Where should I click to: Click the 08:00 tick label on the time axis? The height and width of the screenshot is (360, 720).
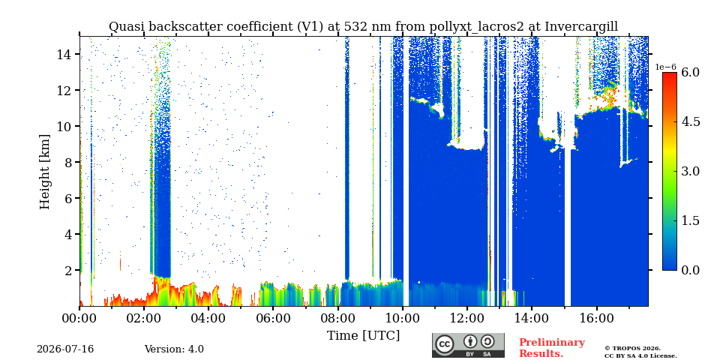337,318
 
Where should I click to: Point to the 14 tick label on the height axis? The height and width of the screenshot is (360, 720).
64,54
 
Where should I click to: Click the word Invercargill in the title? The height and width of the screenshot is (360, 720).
581,27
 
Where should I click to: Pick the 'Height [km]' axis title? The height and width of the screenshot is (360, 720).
44,172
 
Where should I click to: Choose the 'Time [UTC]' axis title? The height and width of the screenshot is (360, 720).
363,336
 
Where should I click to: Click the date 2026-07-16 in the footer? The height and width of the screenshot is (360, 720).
65,349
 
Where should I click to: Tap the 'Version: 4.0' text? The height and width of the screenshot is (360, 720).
174,349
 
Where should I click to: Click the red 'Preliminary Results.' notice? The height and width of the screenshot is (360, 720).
552,348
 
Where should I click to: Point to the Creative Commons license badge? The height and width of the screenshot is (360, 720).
468,345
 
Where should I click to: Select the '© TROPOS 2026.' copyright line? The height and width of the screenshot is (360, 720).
632,349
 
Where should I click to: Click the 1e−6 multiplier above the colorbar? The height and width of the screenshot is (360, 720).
666,67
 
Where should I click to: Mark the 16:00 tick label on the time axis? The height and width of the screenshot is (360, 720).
596,318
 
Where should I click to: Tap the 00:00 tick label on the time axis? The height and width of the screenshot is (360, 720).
79,318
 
